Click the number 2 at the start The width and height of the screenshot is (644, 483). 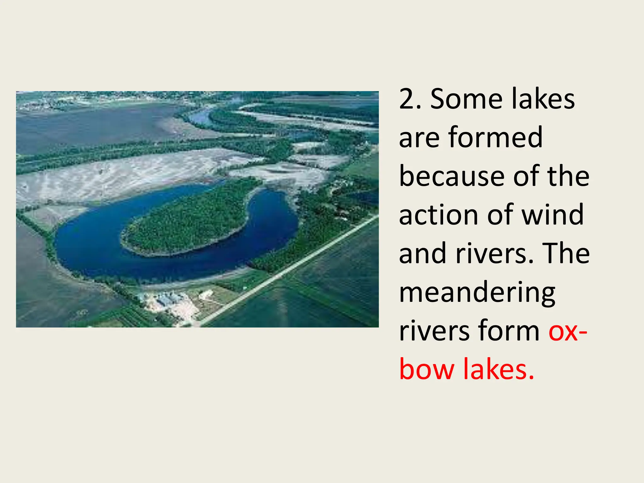click(407, 99)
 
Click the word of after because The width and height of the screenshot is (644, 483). click(527, 176)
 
